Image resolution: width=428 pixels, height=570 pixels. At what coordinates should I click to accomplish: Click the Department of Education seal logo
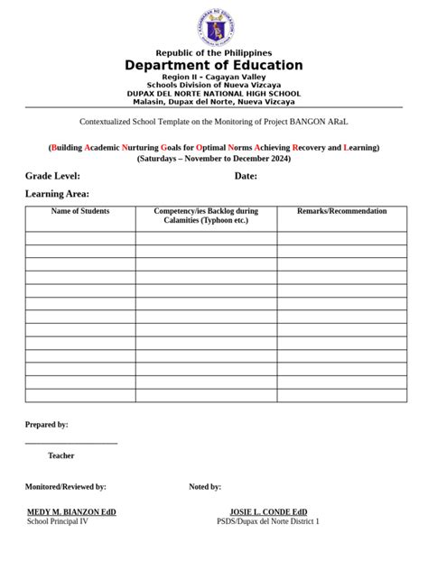(x=214, y=27)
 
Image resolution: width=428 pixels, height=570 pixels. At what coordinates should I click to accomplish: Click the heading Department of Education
(x=214, y=66)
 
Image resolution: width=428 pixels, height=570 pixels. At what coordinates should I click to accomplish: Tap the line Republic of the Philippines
(x=214, y=53)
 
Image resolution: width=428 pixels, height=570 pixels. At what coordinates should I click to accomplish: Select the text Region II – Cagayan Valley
(x=214, y=78)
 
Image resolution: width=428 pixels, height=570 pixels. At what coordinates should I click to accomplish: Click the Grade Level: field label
(x=52, y=176)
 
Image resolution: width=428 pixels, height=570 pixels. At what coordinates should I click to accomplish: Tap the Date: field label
(x=246, y=176)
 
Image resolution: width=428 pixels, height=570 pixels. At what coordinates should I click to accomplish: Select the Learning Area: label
(x=57, y=194)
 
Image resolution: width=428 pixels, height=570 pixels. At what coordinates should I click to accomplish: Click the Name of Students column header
(x=80, y=211)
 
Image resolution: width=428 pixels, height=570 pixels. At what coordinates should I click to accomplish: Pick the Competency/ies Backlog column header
(x=206, y=216)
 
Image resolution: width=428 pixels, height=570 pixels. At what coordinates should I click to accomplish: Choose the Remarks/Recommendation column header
(x=342, y=211)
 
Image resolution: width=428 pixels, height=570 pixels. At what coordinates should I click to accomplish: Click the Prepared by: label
(x=46, y=424)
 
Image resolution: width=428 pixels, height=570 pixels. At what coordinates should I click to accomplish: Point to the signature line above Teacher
(x=71, y=443)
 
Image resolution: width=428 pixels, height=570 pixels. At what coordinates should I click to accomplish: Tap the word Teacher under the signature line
(x=61, y=455)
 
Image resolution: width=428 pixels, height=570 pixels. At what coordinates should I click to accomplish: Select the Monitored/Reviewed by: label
(x=65, y=486)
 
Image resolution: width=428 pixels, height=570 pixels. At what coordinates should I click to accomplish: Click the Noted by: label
(x=205, y=486)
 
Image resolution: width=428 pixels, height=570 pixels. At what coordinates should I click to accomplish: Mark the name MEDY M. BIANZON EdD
(x=71, y=511)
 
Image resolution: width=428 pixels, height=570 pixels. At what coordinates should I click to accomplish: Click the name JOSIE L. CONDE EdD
(x=268, y=511)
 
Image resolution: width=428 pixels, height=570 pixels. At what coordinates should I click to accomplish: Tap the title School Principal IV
(x=58, y=521)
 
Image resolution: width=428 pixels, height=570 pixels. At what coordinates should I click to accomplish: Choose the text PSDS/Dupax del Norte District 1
(x=268, y=521)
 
